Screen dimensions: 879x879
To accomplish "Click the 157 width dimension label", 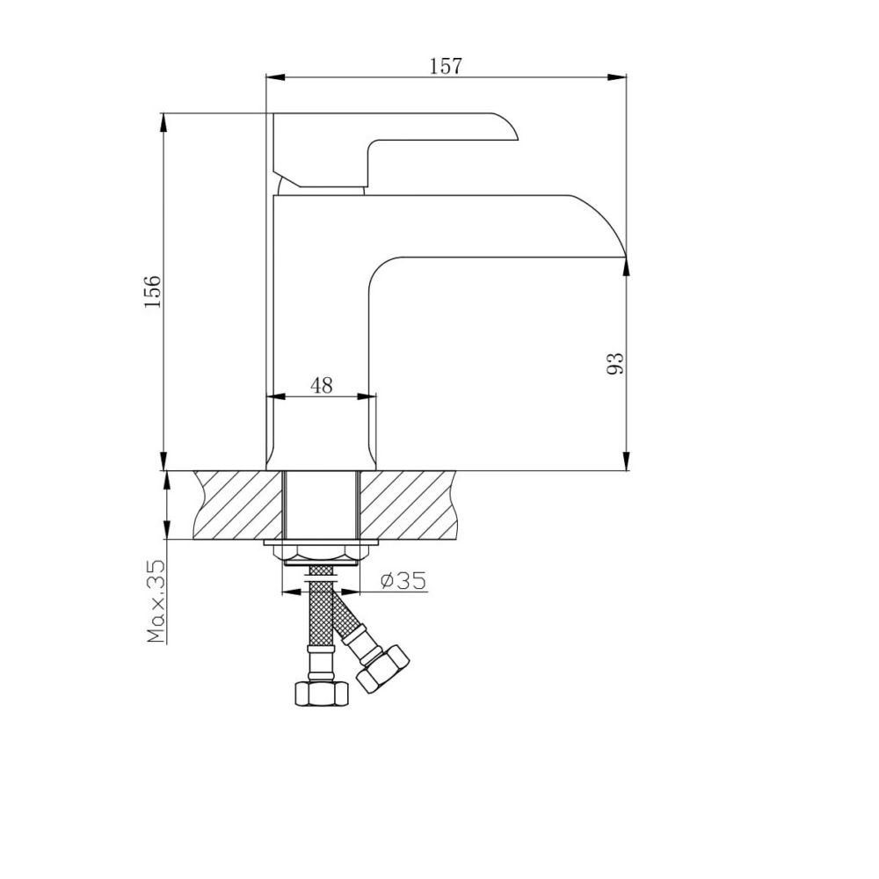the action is point(447,66).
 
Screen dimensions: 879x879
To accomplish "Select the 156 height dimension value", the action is point(152,291).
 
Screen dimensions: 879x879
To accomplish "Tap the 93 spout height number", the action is point(615,365).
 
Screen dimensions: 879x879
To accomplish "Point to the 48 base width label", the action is point(321,385).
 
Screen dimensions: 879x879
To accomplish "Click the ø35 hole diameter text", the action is point(403,581).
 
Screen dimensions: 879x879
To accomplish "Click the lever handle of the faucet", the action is point(396,149).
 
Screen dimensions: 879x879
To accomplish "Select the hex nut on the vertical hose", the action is point(321,694).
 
